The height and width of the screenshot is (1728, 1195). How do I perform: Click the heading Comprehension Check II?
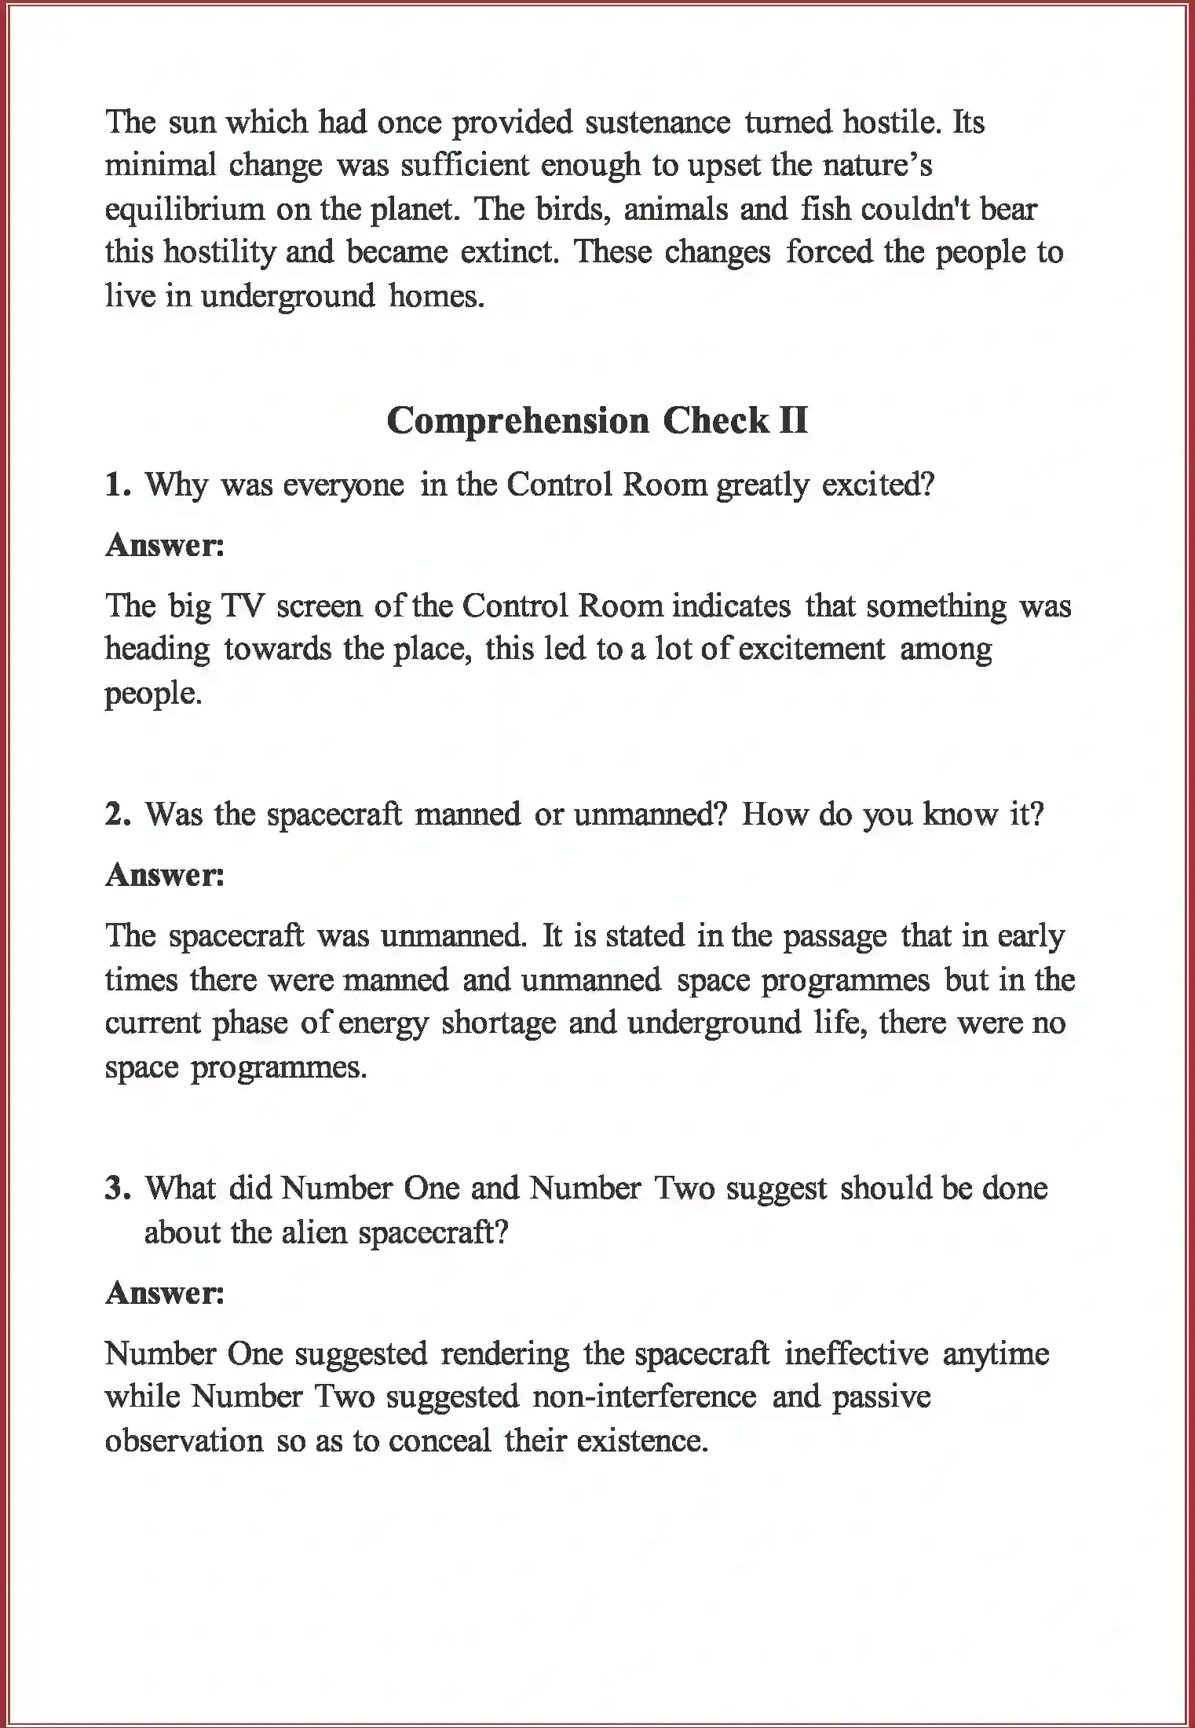pos(597,421)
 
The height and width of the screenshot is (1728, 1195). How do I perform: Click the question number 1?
pos(117,485)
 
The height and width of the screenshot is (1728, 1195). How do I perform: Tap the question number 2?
pos(117,815)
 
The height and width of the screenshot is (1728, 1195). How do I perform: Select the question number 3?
pos(117,1188)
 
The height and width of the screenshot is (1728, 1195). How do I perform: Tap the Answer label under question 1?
pos(165,545)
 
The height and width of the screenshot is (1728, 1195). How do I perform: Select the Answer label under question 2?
pos(165,875)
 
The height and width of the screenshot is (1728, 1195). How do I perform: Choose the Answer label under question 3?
pos(165,1293)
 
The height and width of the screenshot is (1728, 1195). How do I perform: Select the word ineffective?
pos(856,1353)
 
